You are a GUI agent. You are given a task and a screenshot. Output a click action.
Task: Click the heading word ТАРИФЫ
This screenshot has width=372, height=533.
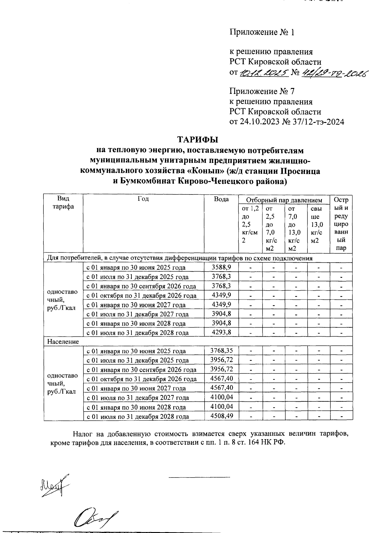pos(197,140)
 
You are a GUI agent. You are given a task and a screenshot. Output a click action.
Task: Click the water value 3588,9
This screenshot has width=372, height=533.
pos(221,267)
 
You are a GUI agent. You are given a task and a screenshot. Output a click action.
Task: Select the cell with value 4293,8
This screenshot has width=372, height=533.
pos(221,332)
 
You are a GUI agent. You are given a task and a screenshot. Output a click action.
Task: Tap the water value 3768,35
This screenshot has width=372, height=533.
pos(221,351)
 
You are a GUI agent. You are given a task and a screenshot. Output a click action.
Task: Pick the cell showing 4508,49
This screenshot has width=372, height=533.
pos(221,416)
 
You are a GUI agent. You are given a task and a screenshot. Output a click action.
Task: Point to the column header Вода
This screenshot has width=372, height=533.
pos(221,199)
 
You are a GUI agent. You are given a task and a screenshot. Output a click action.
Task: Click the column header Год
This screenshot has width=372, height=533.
pos(143,199)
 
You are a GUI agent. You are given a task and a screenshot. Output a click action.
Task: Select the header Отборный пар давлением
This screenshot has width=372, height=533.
pos(284,200)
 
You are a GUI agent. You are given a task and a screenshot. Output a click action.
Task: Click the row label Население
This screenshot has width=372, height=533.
pos(63,342)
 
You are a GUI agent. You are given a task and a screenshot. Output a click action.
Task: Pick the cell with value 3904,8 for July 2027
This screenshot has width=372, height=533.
pos(221,314)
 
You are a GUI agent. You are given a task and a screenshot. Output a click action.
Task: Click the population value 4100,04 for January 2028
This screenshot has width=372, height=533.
pos(221,407)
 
